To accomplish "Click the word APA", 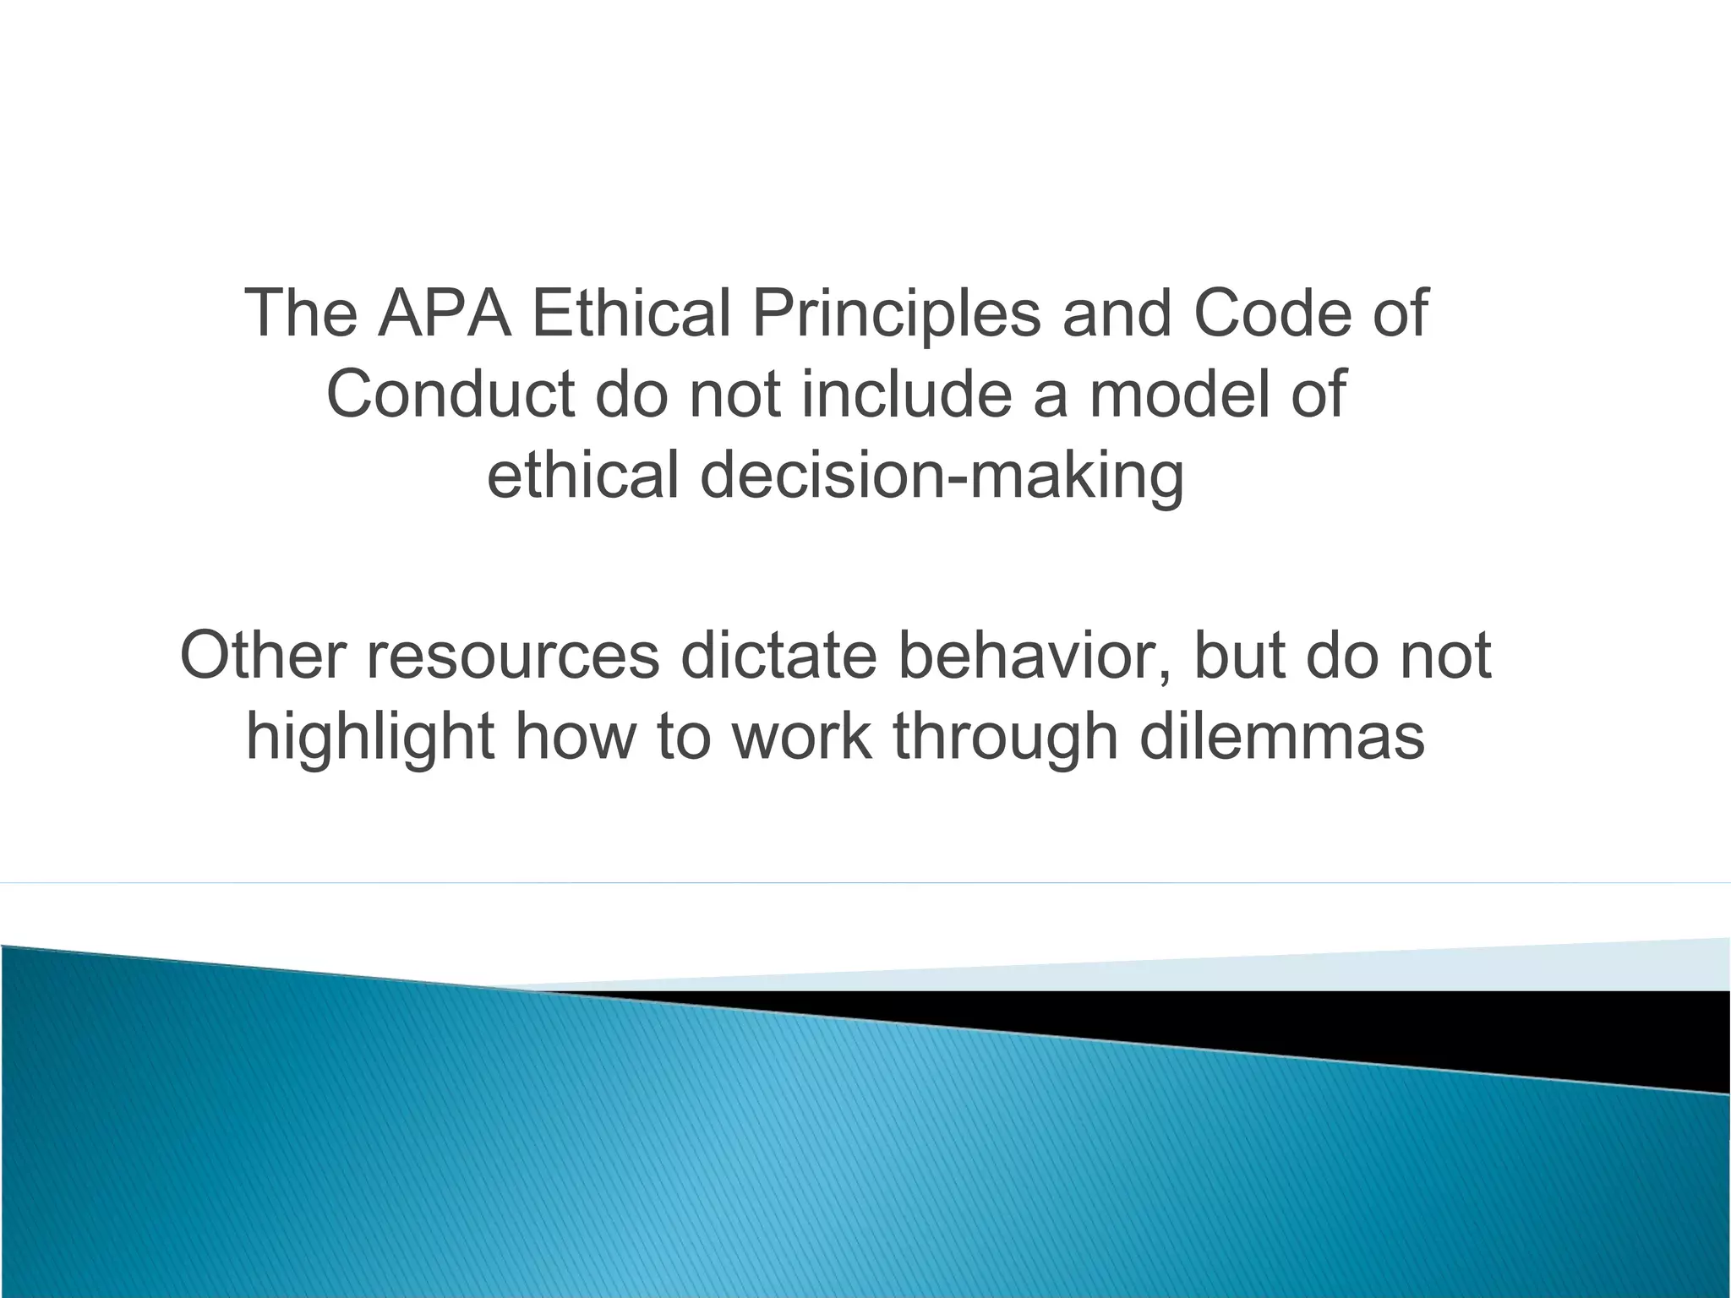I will (443, 314).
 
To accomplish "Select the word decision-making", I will (942, 476).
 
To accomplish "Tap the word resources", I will (513, 656).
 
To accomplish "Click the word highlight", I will (370, 737).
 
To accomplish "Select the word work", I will (800, 737).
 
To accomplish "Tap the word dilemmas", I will (1281, 737).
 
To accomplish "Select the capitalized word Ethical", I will (631, 314).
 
